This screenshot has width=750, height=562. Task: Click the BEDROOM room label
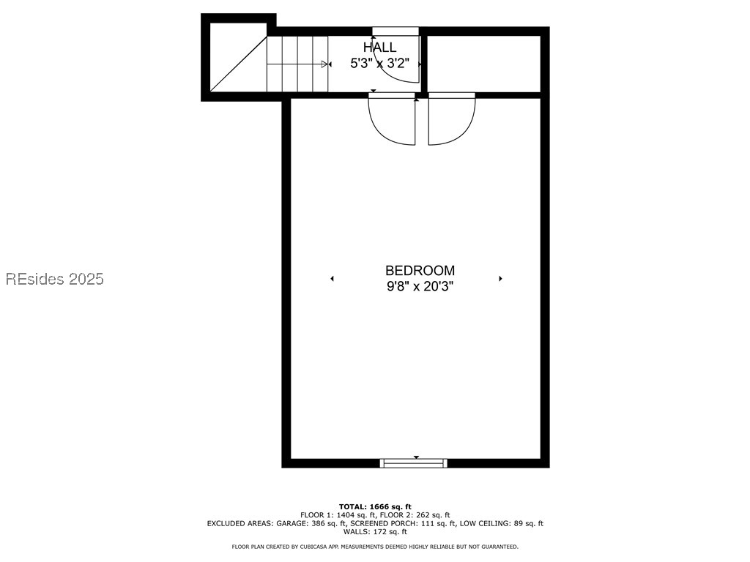420,271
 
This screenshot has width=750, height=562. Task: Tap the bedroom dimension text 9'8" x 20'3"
420,287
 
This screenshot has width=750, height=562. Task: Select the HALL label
379,48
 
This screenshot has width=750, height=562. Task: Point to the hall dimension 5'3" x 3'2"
379,64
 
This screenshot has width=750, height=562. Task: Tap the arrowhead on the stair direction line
325,64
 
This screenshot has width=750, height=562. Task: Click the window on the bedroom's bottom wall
414,462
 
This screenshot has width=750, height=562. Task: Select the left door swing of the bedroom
392,119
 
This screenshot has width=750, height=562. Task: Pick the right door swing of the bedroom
451,119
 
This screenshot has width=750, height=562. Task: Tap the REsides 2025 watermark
55,279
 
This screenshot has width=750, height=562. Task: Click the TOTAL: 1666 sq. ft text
375,506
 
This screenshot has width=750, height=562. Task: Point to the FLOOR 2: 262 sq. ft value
417,515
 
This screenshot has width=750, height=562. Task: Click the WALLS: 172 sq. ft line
375,532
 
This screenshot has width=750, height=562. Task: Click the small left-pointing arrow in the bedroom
332,279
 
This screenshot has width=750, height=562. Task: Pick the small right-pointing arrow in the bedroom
500,279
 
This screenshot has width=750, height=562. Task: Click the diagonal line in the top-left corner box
237,64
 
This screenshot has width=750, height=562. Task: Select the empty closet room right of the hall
483,63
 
